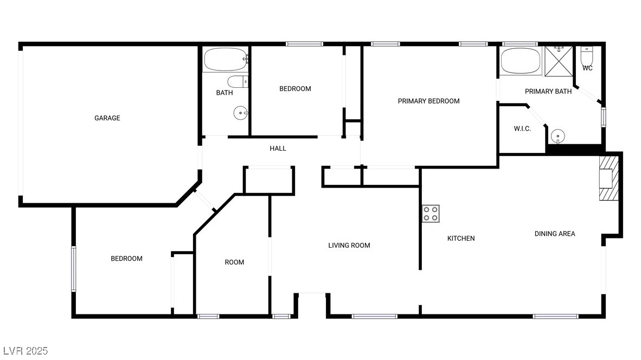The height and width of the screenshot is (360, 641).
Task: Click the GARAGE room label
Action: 107,118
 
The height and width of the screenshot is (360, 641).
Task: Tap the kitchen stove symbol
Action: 431,214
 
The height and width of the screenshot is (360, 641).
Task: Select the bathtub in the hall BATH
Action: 225,60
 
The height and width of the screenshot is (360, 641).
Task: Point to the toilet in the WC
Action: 587,56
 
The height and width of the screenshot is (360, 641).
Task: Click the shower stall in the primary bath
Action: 559,61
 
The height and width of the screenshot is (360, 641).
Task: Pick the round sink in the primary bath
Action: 557,136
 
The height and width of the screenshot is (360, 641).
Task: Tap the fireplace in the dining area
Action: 608,178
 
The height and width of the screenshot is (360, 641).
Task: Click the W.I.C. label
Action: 522,128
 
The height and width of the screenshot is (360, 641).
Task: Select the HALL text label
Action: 278,149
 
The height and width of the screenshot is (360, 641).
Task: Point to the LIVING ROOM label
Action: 349,245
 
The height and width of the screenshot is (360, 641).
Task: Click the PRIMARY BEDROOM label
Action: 428,101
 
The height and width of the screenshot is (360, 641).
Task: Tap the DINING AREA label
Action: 555,234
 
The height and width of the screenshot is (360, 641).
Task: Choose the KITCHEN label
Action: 461,238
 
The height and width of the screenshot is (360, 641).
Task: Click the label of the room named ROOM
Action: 234,262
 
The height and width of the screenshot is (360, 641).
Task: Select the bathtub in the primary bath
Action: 520,61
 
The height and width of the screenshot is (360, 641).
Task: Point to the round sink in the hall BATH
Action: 240,113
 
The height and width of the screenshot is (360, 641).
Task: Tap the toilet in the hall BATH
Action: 238,81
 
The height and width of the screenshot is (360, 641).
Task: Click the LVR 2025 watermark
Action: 25,351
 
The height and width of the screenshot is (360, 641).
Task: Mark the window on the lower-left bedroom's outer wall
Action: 74,268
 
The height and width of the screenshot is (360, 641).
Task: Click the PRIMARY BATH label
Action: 548,92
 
